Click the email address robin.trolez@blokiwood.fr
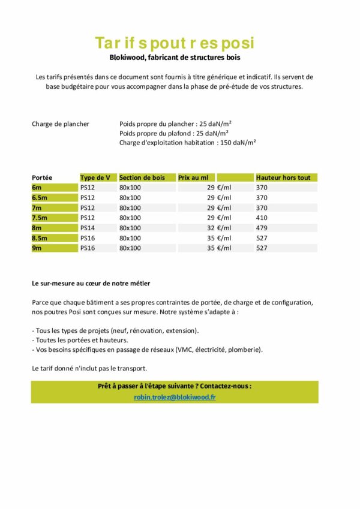(x=175, y=397)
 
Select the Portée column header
(x=42, y=177)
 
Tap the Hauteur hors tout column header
(x=283, y=177)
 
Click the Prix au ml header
(x=193, y=177)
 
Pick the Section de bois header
(x=142, y=177)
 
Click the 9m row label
(x=37, y=248)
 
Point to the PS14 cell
(x=88, y=228)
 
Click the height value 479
(x=262, y=228)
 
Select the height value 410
(x=262, y=218)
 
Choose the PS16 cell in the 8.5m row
(x=88, y=238)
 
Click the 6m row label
(x=37, y=188)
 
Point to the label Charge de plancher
(x=61, y=124)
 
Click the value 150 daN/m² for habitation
(x=239, y=143)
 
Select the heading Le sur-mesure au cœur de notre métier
(x=91, y=283)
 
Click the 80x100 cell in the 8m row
(x=130, y=228)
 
